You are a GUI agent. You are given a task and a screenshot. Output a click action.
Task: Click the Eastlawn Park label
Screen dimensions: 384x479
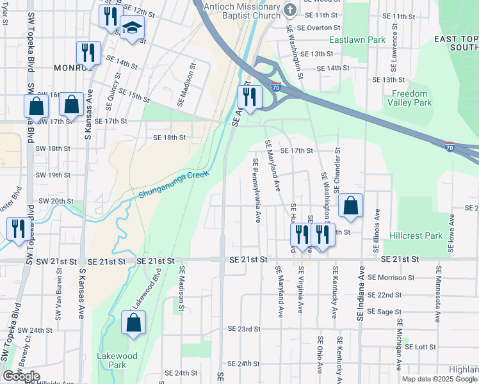pos(357,40)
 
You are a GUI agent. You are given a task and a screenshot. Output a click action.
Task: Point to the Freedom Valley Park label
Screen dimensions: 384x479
pos(409,98)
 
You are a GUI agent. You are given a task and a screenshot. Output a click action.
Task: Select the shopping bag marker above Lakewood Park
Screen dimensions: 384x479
pos(133,323)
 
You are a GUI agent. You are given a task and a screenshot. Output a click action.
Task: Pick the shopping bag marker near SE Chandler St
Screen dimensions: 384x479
pos(350,206)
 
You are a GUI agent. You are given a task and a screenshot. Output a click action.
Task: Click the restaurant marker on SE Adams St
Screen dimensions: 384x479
pos(249,97)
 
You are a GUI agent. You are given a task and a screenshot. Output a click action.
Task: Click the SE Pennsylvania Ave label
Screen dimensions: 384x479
pos(256,191)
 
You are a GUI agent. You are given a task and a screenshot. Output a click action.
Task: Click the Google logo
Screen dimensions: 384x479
pos(21,376)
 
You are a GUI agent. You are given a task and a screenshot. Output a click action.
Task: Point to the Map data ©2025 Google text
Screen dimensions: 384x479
pos(439,378)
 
